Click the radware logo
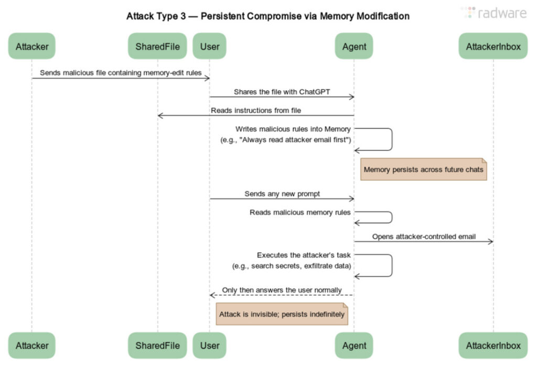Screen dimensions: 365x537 [x=493, y=13]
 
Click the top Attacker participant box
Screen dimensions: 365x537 [x=31, y=46]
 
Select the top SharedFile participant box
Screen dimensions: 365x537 [x=157, y=46]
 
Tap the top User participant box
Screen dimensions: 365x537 [x=210, y=46]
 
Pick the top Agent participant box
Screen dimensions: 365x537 [x=353, y=46]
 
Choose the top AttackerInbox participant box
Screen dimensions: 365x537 [x=493, y=46]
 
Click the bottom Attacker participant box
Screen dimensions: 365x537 [x=31, y=346]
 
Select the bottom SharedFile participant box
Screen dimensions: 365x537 [x=157, y=346]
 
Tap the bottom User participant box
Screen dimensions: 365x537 [x=210, y=346]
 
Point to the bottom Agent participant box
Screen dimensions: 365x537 [x=353, y=346]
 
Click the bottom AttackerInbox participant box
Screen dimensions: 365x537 [x=493, y=346]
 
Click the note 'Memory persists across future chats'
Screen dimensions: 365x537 [x=424, y=170]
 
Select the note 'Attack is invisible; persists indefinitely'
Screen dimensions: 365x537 [x=282, y=314]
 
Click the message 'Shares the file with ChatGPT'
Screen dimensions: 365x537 [x=282, y=92]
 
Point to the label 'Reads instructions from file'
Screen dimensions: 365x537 [x=256, y=111]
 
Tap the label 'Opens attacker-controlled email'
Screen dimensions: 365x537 [x=424, y=237]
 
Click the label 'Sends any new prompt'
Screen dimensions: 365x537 [x=282, y=194]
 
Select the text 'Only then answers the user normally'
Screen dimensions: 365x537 [x=282, y=290]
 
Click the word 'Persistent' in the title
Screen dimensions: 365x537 [x=224, y=16]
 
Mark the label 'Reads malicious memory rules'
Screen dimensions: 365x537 [x=300, y=212]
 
